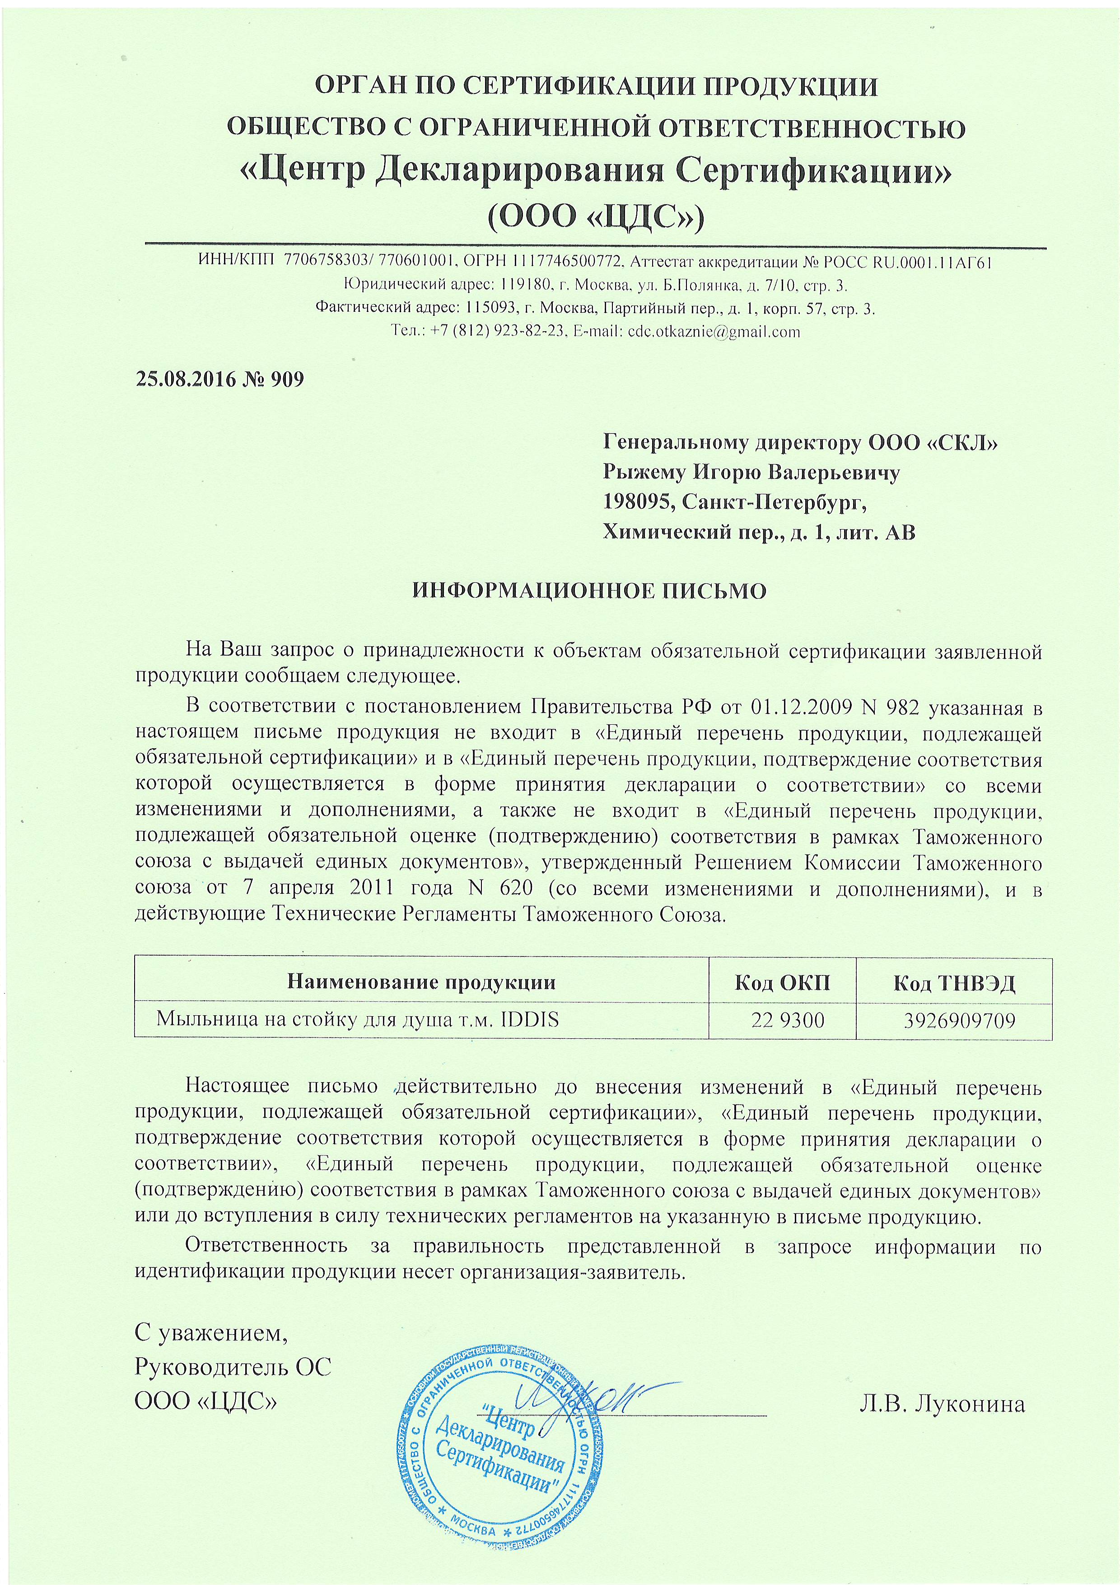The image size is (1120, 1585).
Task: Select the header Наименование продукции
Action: pos(421,982)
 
